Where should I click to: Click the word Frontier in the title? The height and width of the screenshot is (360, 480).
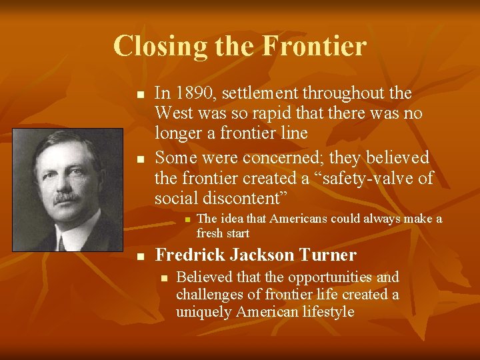[x=314, y=46]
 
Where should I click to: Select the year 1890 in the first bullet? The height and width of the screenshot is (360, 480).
[x=193, y=94]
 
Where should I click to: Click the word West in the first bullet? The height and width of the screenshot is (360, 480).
[x=175, y=113]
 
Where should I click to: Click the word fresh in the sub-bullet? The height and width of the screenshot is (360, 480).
[x=211, y=233]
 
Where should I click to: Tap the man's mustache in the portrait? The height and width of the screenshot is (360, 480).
[x=67, y=198]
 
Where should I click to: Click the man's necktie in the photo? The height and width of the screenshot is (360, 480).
[x=61, y=241]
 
